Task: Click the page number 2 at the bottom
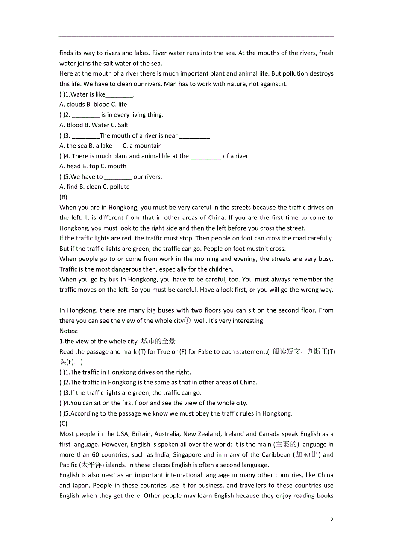(332, 519)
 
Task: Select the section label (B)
(63, 197)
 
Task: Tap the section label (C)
(63, 423)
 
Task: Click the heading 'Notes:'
(68, 331)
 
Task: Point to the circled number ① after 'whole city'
(187, 320)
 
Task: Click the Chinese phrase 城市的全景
(158, 341)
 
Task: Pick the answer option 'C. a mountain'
(142, 146)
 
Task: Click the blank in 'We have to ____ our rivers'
(118, 177)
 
